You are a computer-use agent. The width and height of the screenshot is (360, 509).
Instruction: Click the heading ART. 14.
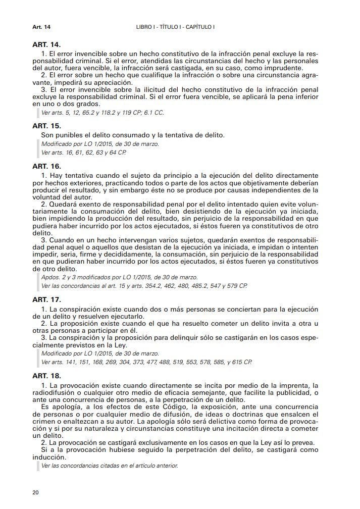click(x=46, y=45)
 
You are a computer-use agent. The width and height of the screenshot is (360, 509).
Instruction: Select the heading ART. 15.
click(x=46, y=125)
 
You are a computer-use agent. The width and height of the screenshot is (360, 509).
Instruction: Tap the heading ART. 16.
click(x=46, y=166)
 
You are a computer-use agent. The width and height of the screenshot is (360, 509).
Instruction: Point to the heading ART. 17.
click(x=46, y=299)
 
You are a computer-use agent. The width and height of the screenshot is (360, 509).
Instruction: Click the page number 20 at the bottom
click(x=35, y=492)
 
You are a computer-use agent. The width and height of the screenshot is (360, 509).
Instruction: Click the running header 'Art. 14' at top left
click(x=41, y=26)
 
